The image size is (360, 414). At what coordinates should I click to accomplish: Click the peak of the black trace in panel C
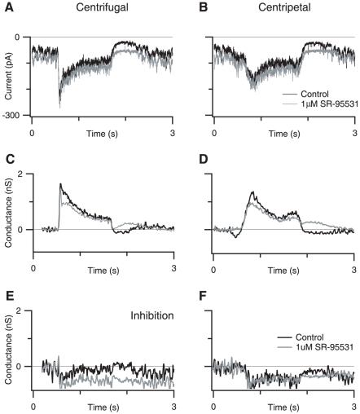pyautogui.click(x=60, y=184)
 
